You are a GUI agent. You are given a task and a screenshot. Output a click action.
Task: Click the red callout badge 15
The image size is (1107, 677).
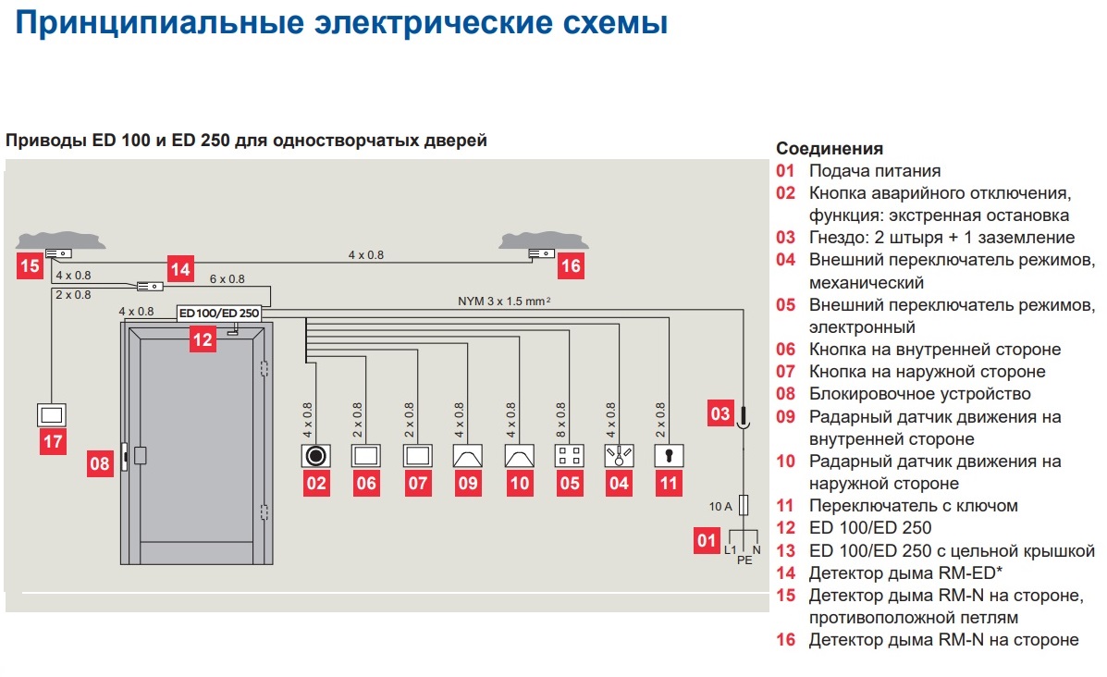tap(30, 266)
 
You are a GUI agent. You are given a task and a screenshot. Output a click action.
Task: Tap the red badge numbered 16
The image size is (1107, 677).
tap(572, 266)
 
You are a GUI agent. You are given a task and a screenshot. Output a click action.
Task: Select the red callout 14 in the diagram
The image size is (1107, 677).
tap(179, 270)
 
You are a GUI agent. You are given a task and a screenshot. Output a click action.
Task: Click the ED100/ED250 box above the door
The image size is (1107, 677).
tap(219, 314)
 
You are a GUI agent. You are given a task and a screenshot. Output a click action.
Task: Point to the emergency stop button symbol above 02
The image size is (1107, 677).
tap(316, 456)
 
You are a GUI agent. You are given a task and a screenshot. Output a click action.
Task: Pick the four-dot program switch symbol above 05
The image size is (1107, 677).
tap(567, 456)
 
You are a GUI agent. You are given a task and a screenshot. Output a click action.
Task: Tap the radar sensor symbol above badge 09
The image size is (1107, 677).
tap(467, 456)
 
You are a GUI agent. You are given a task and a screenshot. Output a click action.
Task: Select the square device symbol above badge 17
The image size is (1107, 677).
tap(53, 413)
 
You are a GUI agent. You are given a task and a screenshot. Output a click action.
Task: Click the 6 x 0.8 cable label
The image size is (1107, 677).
tap(227, 278)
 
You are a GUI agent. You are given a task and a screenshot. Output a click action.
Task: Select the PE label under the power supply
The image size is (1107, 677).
tap(743, 559)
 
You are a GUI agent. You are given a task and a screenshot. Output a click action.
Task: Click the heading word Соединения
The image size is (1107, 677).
tap(830, 149)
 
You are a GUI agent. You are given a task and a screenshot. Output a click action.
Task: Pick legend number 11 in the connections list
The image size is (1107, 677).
tap(785, 506)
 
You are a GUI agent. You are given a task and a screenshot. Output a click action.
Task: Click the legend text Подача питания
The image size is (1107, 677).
tap(874, 171)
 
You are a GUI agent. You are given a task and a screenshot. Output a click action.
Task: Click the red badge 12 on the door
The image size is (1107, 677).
tap(203, 339)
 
